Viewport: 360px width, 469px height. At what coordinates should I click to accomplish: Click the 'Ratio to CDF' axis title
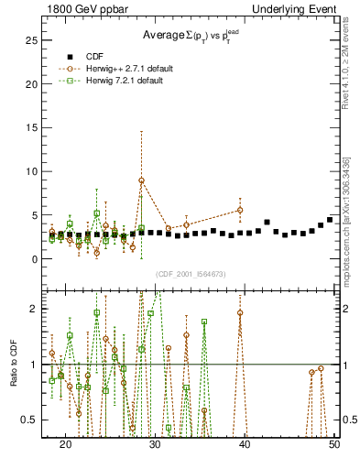pos(14,376)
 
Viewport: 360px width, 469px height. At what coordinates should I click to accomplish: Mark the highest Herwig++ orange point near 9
pos(141,180)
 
